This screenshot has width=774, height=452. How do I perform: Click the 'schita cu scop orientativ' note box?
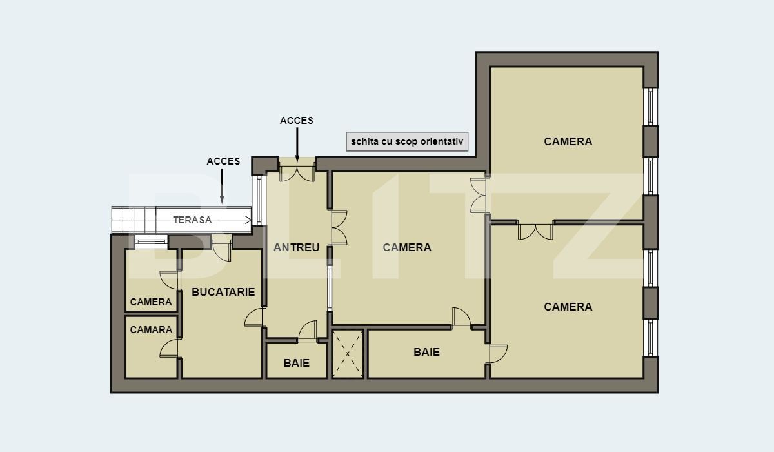(407, 141)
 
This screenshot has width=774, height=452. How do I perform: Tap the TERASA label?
(192, 220)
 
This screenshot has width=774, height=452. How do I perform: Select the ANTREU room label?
(297, 247)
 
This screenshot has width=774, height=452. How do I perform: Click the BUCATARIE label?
(223, 292)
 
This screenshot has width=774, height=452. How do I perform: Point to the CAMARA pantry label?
(152, 330)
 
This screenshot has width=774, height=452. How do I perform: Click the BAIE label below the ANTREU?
(297, 363)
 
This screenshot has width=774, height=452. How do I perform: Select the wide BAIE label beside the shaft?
(426, 352)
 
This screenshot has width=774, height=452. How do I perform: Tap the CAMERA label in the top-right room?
(568, 141)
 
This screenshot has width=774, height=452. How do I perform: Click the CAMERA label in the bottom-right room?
(568, 307)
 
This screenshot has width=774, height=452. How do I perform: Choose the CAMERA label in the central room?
(407, 247)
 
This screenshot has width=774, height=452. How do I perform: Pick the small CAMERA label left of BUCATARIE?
(152, 302)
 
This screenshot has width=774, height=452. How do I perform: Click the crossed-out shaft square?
(348, 354)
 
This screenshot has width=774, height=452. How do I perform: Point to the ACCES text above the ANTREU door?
(297, 121)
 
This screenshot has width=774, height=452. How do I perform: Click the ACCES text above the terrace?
(223, 161)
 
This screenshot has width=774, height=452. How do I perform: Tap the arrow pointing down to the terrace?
(222, 187)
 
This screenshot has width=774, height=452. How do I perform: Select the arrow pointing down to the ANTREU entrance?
(297, 145)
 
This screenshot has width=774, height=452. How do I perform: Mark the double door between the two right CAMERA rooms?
(535, 231)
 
